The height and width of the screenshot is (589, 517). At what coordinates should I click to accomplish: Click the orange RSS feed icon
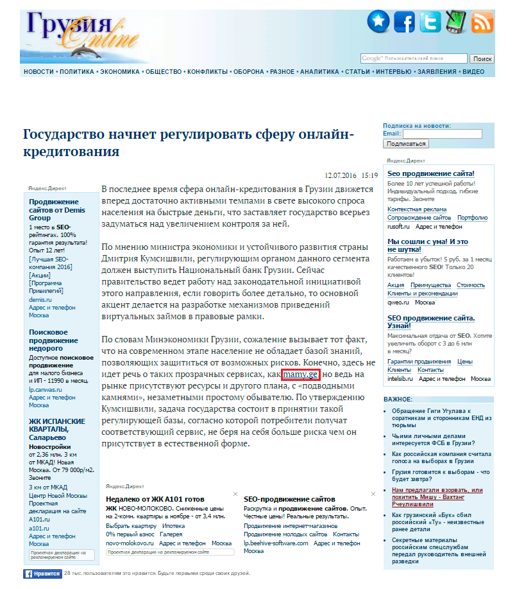(482, 22)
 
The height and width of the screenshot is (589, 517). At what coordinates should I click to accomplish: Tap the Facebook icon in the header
(404, 22)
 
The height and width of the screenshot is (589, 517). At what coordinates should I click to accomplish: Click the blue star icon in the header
(378, 22)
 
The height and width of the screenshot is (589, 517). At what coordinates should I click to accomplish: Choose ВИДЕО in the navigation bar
(473, 72)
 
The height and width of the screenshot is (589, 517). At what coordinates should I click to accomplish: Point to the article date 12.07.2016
(341, 174)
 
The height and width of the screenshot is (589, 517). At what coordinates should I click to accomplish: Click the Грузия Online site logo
(80, 32)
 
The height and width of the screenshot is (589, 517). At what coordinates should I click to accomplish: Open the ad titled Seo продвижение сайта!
(431, 173)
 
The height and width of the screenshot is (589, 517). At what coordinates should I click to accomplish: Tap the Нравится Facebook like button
(43, 574)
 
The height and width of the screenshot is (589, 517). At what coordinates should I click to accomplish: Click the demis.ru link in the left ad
(40, 299)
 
